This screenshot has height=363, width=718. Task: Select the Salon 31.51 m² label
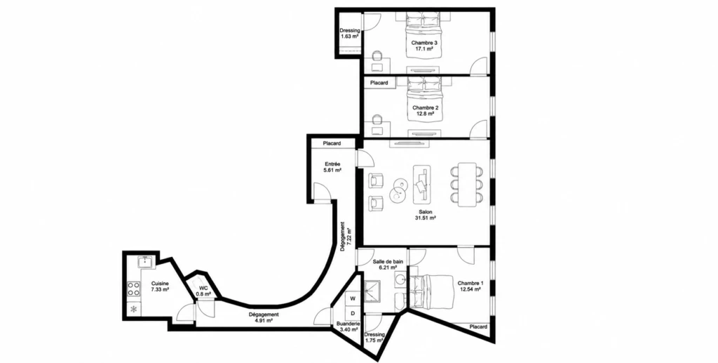tap(425, 215)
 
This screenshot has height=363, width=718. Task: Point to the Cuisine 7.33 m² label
tap(161, 286)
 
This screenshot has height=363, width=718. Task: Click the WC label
tap(203, 289)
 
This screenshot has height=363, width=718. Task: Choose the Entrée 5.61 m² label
tap(332, 167)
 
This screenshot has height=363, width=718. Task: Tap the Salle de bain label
tap(388, 261)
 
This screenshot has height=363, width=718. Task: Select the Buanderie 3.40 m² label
tap(348, 326)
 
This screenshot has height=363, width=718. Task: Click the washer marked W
tap(353, 298)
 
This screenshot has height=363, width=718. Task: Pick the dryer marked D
tap(353, 313)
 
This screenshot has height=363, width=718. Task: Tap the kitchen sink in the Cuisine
tap(145, 263)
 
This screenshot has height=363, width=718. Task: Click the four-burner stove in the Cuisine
tap(134, 289)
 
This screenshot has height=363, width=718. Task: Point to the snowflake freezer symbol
tap(134, 310)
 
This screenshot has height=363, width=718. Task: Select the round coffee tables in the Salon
tap(398, 190)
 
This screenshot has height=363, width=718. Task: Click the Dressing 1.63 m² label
tap(349, 34)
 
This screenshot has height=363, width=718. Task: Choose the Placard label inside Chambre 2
tap(379, 83)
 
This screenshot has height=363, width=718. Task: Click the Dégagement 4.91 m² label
tap(264, 317)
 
